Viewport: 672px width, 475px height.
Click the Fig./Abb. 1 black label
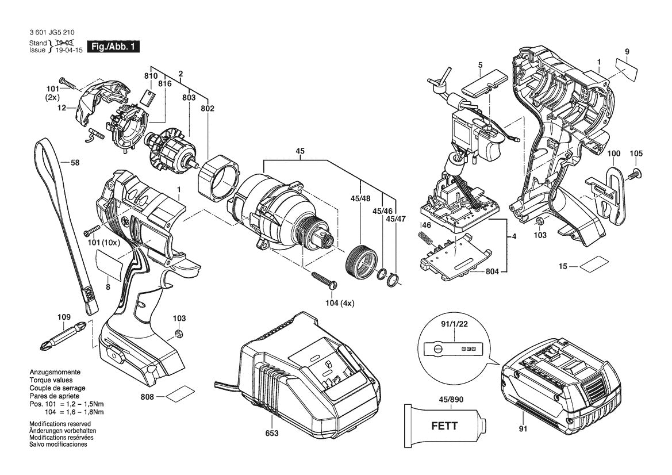click(x=113, y=47)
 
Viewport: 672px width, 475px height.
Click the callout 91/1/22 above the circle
click(x=447, y=324)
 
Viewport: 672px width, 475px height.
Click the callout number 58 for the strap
click(x=75, y=163)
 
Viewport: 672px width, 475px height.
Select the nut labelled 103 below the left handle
click(x=179, y=335)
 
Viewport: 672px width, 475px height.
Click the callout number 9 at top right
click(x=627, y=52)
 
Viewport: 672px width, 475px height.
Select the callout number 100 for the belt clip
click(x=613, y=154)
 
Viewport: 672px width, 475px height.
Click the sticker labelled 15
click(x=592, y=266)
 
